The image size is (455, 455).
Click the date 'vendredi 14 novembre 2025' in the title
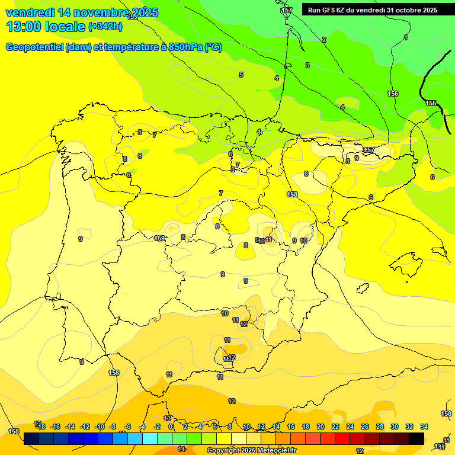click(82, 12)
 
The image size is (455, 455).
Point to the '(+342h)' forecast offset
click(105, 26)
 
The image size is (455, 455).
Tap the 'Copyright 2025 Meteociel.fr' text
click(251, 450)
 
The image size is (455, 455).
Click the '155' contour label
click(431, 104)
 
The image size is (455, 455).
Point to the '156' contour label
click(393, 94)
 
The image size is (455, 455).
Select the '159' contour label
click(160, 239)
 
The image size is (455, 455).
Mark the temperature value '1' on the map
click(405, 38)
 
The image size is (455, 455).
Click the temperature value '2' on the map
click(324, 40)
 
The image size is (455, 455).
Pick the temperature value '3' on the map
click(307, 65)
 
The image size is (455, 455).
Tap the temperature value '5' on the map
click(241, 75)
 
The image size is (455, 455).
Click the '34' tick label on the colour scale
click(424, 427)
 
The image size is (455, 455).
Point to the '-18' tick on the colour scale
click(41, 427)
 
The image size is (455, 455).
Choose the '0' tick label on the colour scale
click(171, 427)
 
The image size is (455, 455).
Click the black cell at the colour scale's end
click(416, 438)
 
